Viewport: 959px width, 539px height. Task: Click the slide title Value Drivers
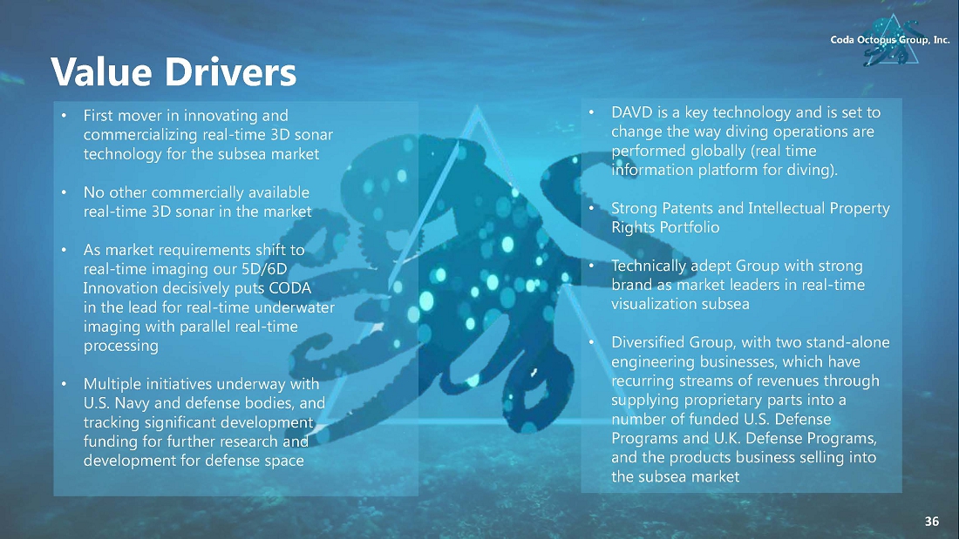[173, 72]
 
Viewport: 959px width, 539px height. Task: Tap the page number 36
[931, 522]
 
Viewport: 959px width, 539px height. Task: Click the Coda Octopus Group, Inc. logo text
[890, 40]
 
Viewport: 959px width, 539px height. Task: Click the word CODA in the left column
[290, 288]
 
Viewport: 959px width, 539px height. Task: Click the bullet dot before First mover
[64, 116]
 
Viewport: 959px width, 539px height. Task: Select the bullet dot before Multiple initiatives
[64, 384]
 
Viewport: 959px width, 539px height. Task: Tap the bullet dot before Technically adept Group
[591, 266]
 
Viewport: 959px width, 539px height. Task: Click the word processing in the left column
[120, 346]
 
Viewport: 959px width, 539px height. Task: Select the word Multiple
[111, 384]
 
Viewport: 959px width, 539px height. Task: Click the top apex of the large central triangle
[477, 105]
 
